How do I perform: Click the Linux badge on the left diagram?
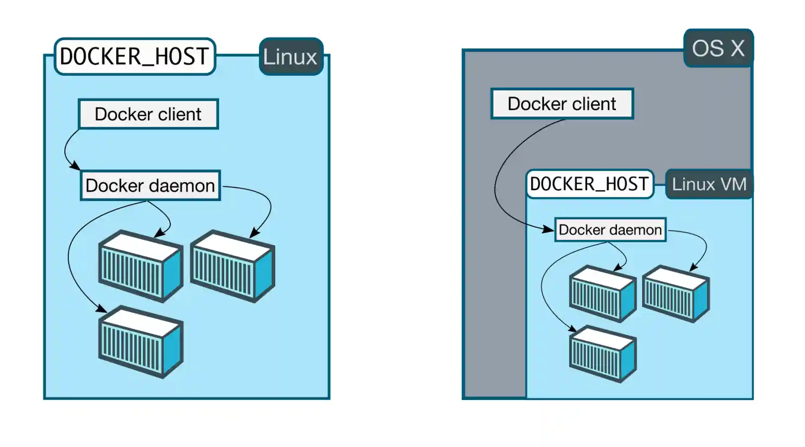tap(291, 56)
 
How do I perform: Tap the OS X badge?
tap(718, 48)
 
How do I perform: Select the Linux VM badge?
tap(708, 184)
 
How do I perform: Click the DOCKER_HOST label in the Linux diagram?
tap(134, 56)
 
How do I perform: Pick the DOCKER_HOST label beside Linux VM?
tap(589, 184)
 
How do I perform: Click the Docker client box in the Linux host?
tap(148, 114)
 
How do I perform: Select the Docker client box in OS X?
tap(562, 104)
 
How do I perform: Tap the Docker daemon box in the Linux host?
tap(150, 185)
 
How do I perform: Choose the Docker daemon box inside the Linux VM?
tap(610, 229)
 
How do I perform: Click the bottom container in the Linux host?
tap(141, 342)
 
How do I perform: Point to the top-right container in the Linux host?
tap(232, 266)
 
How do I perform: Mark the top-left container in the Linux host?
tap(141, 266)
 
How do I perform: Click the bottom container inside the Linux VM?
tap(602, 354)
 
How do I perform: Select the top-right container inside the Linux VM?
tap(676, 294)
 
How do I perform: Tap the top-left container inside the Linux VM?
tap(602, 294)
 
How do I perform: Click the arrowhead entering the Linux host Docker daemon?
tap(75, 165)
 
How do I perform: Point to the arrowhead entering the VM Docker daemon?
tap(548, 229)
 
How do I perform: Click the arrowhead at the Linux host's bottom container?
tap(101, 309)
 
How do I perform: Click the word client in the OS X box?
tap(594, 104)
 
